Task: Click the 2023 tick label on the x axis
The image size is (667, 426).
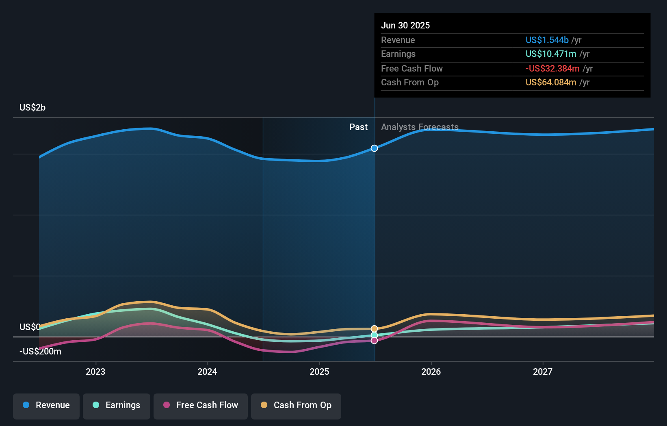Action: point(95,372)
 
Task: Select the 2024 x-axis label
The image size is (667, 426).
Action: point(207,372)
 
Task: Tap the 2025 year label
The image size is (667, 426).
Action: point(319,372)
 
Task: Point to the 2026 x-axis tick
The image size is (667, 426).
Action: point(431,372)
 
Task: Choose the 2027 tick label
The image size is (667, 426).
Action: point(543,372)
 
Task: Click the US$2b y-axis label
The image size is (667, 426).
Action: point(32,107)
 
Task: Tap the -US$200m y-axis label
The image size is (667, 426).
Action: point(40,351)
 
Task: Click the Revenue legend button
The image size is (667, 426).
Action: point(46,405)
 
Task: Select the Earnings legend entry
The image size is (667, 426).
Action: point(117,405)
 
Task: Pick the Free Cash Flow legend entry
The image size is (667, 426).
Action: point(201,405)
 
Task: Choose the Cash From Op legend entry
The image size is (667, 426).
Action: point(296,405)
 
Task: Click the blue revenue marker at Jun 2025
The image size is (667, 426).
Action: point(374,148)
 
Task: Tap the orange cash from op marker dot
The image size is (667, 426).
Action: point(374,328)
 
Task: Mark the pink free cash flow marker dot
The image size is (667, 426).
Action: point(374,341)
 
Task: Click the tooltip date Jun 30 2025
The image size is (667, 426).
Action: point(405,25)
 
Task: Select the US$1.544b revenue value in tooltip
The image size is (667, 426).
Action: point(547,40)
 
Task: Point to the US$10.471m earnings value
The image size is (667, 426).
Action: point(550,54)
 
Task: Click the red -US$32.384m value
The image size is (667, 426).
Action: point(552,68)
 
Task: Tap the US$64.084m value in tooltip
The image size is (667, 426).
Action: point(550,82)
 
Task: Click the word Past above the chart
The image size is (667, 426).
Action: point(358,127)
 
